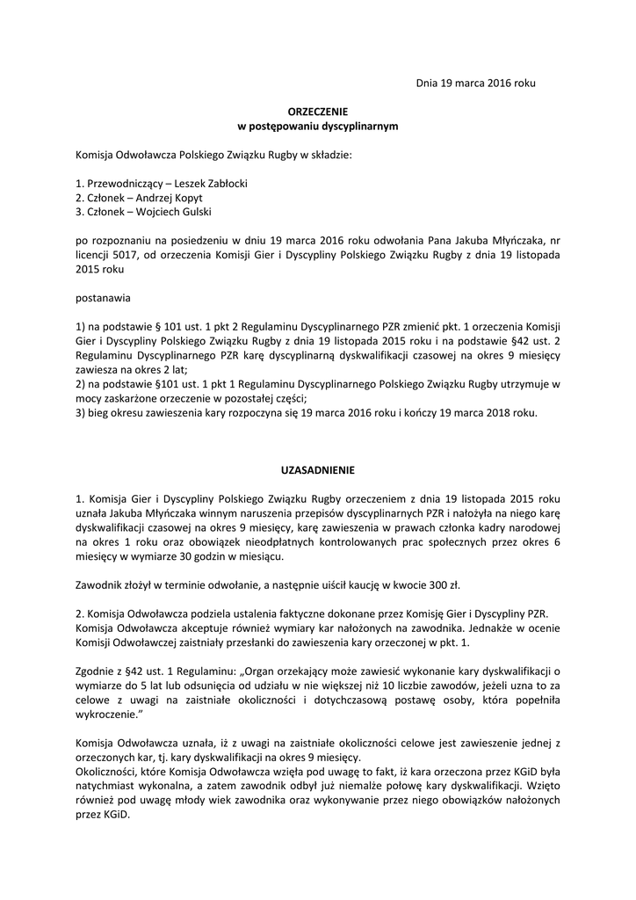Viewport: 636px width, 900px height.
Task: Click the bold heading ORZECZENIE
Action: tap(318, 112)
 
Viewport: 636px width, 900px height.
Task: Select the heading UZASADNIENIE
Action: tap(318, 469)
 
